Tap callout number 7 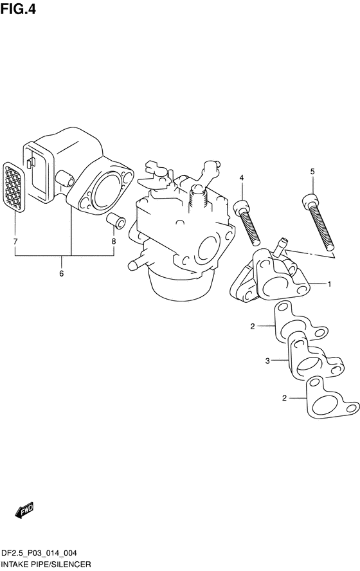[15, 241]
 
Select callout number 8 [114, 241]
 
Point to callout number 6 [61, 273]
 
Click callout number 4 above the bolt [241, 177]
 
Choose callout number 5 [312, 172]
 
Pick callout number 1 [329, 284]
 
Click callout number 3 [267, 361]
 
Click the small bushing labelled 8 [116, 221]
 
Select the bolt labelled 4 [247, 222]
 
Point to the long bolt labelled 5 [318, 222]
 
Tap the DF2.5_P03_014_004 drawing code [39, 553]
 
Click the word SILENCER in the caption [71, 565]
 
